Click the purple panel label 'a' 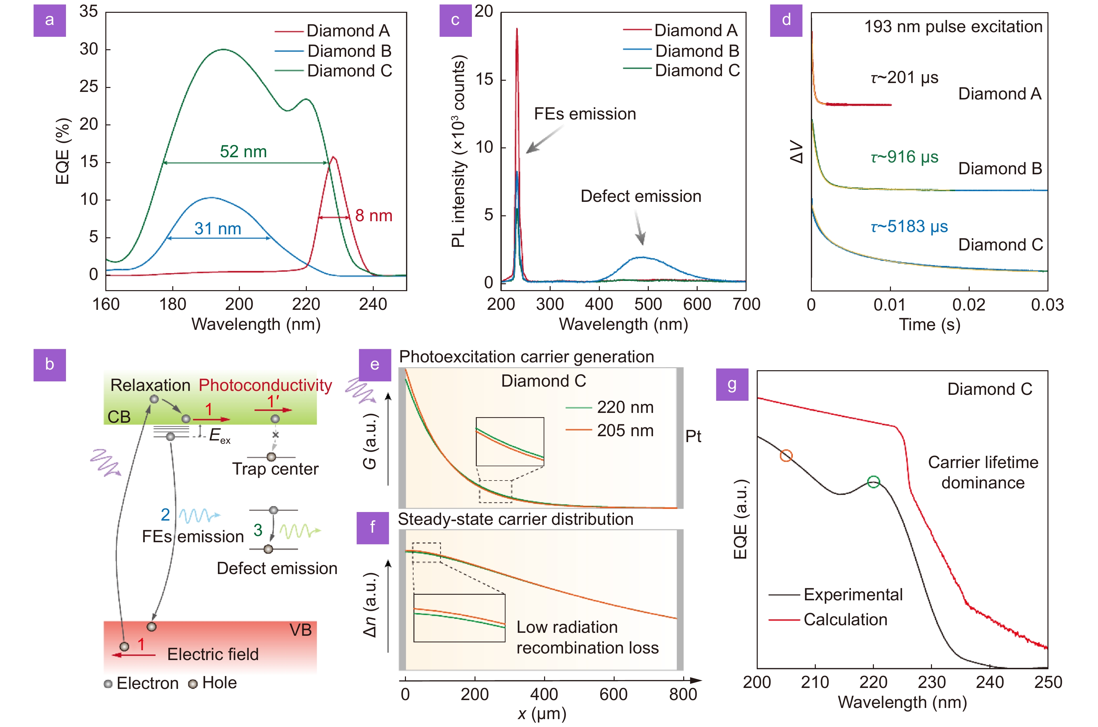[x=50, y=20]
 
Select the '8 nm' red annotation [x=373, y=216]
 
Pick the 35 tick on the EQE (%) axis [x=89, y=11]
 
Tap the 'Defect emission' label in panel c [x=641, y=197]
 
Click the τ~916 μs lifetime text [x=904, y=157]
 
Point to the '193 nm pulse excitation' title [x=953, y=27]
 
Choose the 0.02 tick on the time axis [x=968, y=305]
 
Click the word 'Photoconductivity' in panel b [x=265, y=385]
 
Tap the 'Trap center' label [x=275, y=469]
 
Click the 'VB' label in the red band [x=300, y=630]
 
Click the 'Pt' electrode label [x=693, y=436]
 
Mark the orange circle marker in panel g [x=786, y=456]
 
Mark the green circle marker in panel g [x=873, y=482]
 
